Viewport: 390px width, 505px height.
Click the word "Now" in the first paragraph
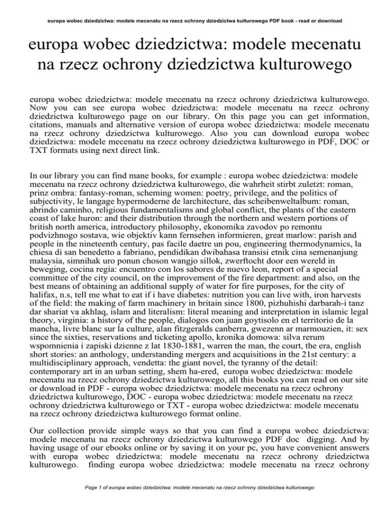pyautogui.click(x=40, y=123)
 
